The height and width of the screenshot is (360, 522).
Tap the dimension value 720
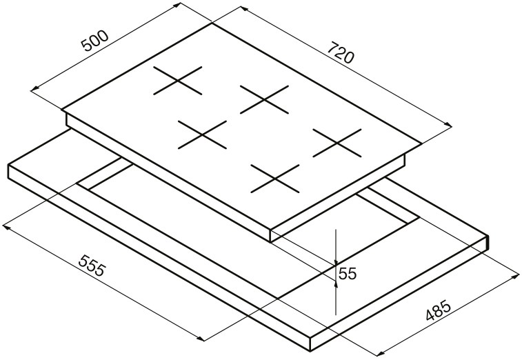340,52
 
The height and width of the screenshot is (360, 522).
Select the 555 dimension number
92,266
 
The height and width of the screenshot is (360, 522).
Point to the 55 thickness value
348,274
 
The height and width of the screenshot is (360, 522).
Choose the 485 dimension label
439,310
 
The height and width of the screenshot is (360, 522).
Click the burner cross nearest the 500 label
178,80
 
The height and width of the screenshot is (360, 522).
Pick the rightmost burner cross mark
337,143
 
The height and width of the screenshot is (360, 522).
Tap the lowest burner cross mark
275,179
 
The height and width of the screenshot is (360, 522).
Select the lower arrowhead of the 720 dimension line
448,125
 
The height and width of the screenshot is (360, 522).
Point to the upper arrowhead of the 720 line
243,9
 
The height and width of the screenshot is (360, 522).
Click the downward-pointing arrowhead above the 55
337,262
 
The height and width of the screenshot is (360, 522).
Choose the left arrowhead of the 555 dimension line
6,228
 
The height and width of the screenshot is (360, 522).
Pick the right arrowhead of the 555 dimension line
200,339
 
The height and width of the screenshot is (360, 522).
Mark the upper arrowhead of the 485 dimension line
515,277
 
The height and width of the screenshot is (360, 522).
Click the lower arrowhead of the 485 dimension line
380,353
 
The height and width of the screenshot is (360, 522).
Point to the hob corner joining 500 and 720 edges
212,23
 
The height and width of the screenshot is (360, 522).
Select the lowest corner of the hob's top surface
270,230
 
